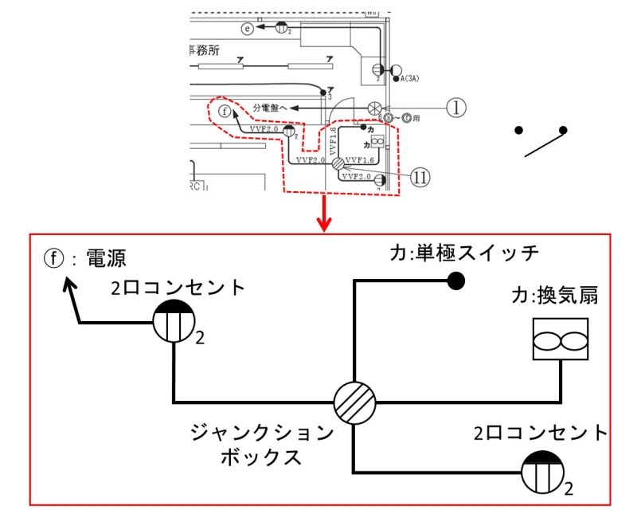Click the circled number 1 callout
tap(455, 108)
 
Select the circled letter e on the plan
tap(248, 29)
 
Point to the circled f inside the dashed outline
tap(225, 111)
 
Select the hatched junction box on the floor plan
tap(338, 163)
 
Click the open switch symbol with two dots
tap(541, 140)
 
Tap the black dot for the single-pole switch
tap(455, 280)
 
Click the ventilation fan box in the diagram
tap(560, 340)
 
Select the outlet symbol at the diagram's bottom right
tap(542, 472)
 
